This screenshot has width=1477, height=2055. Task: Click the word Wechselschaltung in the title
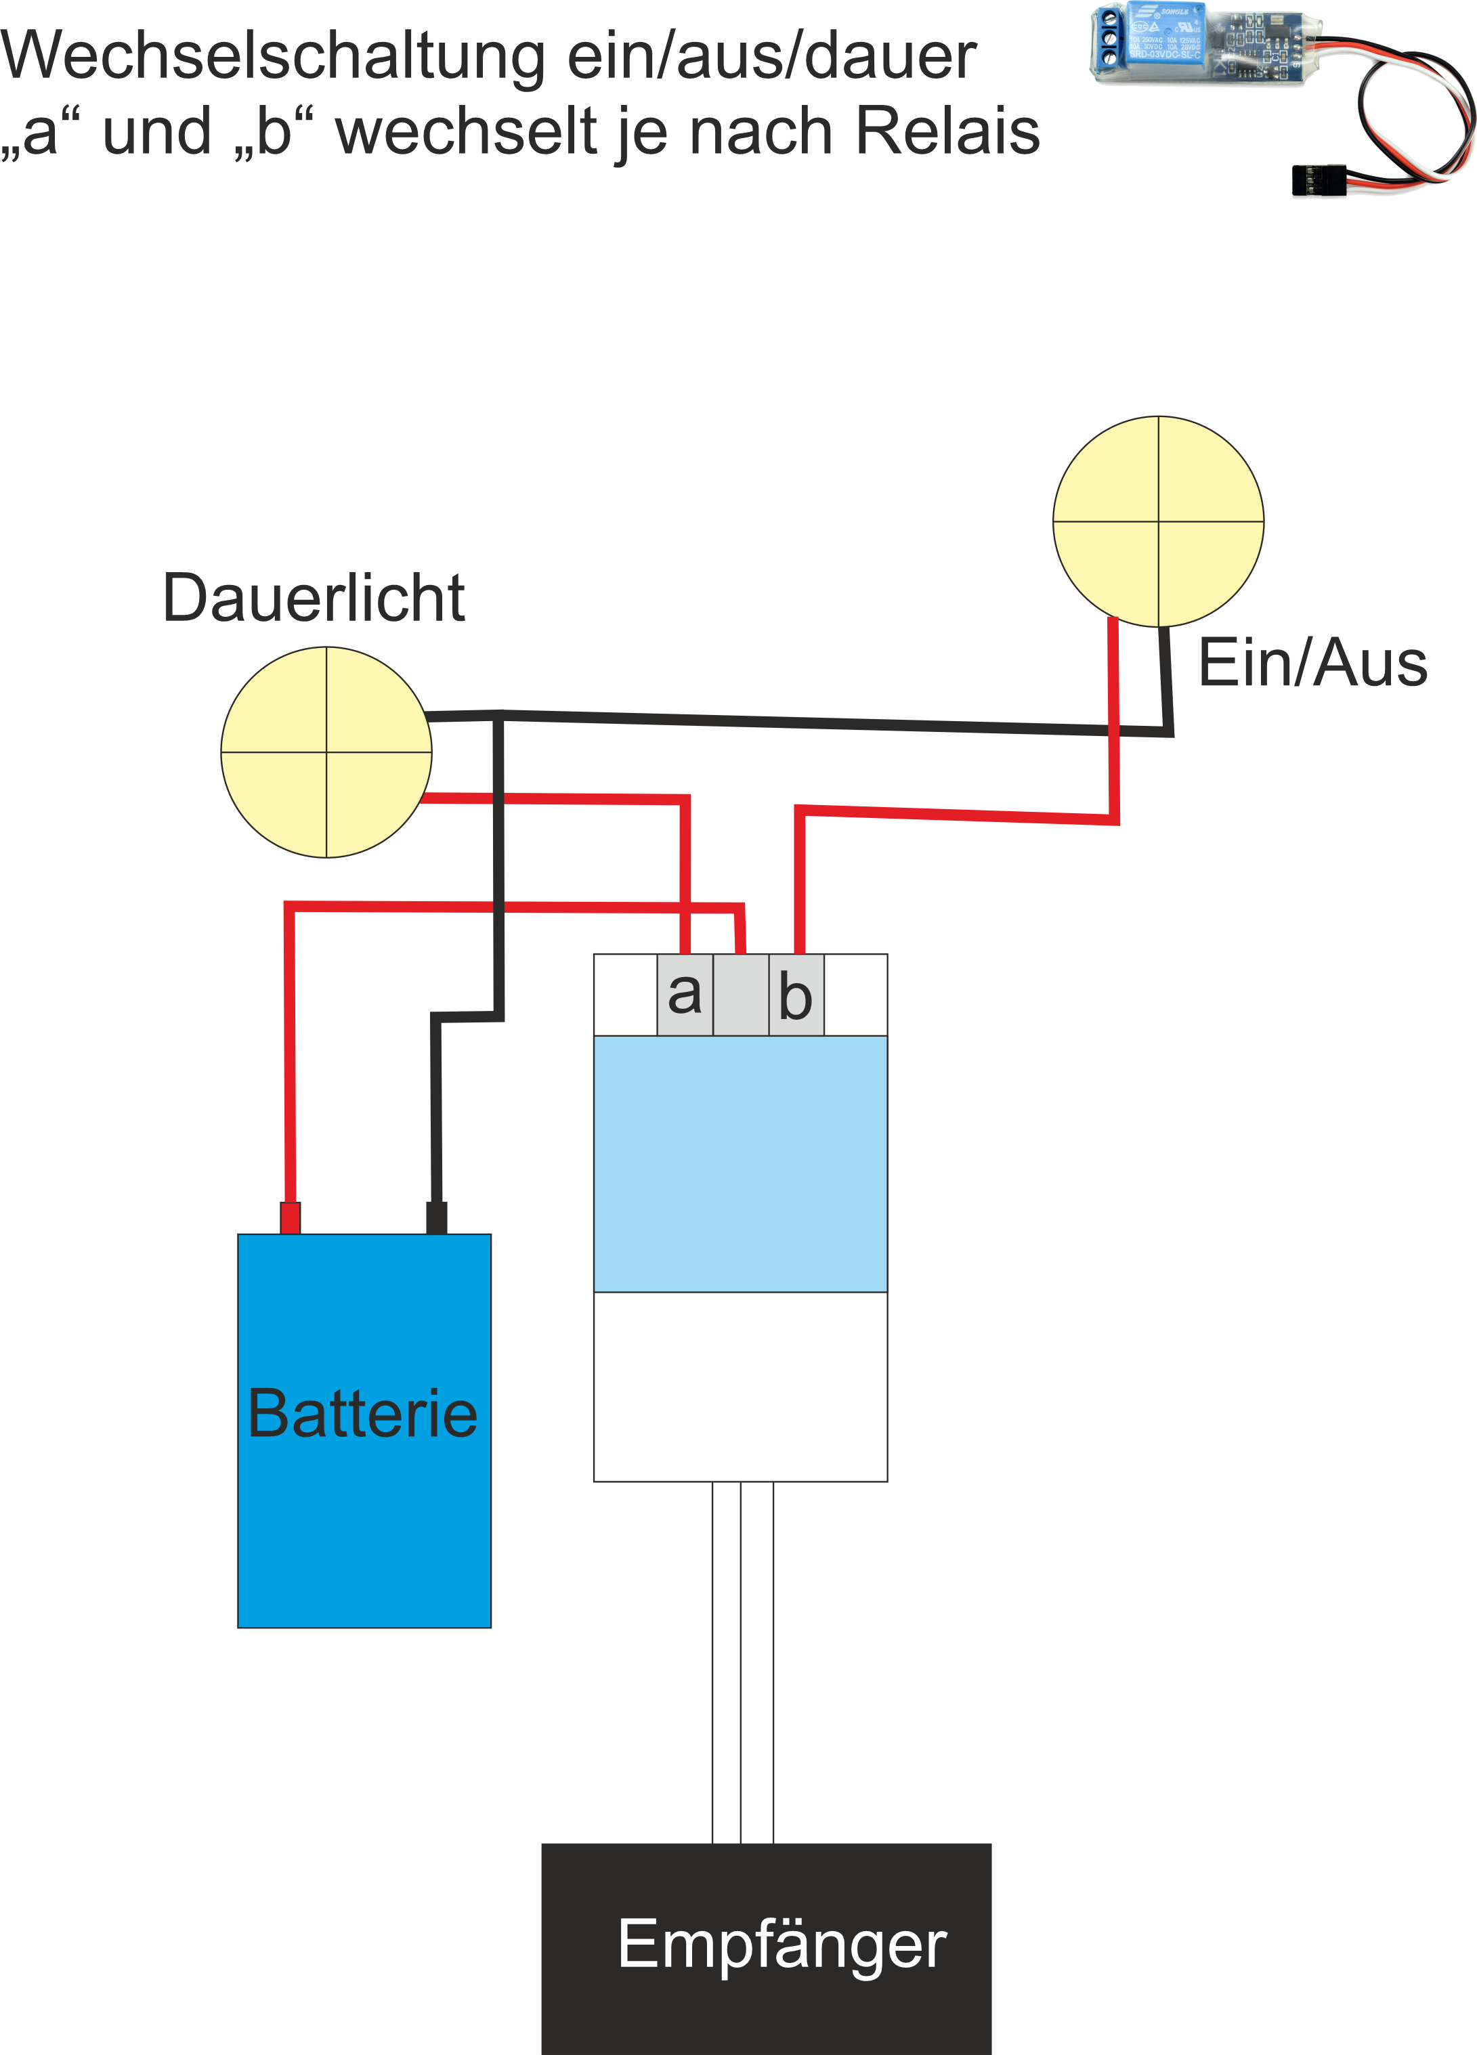pos(272,56)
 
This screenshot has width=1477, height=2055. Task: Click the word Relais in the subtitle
pos(948,131)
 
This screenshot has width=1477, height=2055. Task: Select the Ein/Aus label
pos(1312,664)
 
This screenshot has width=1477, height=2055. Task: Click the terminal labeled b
pos(796,995)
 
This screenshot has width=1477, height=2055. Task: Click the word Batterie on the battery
pos(362,1414)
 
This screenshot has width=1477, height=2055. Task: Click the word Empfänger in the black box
pos(781,1943)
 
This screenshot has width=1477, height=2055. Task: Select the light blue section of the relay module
pos(740,1163)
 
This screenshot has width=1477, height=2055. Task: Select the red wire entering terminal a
pos(686,879)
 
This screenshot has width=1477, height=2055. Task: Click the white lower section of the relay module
pos(740,1386)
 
